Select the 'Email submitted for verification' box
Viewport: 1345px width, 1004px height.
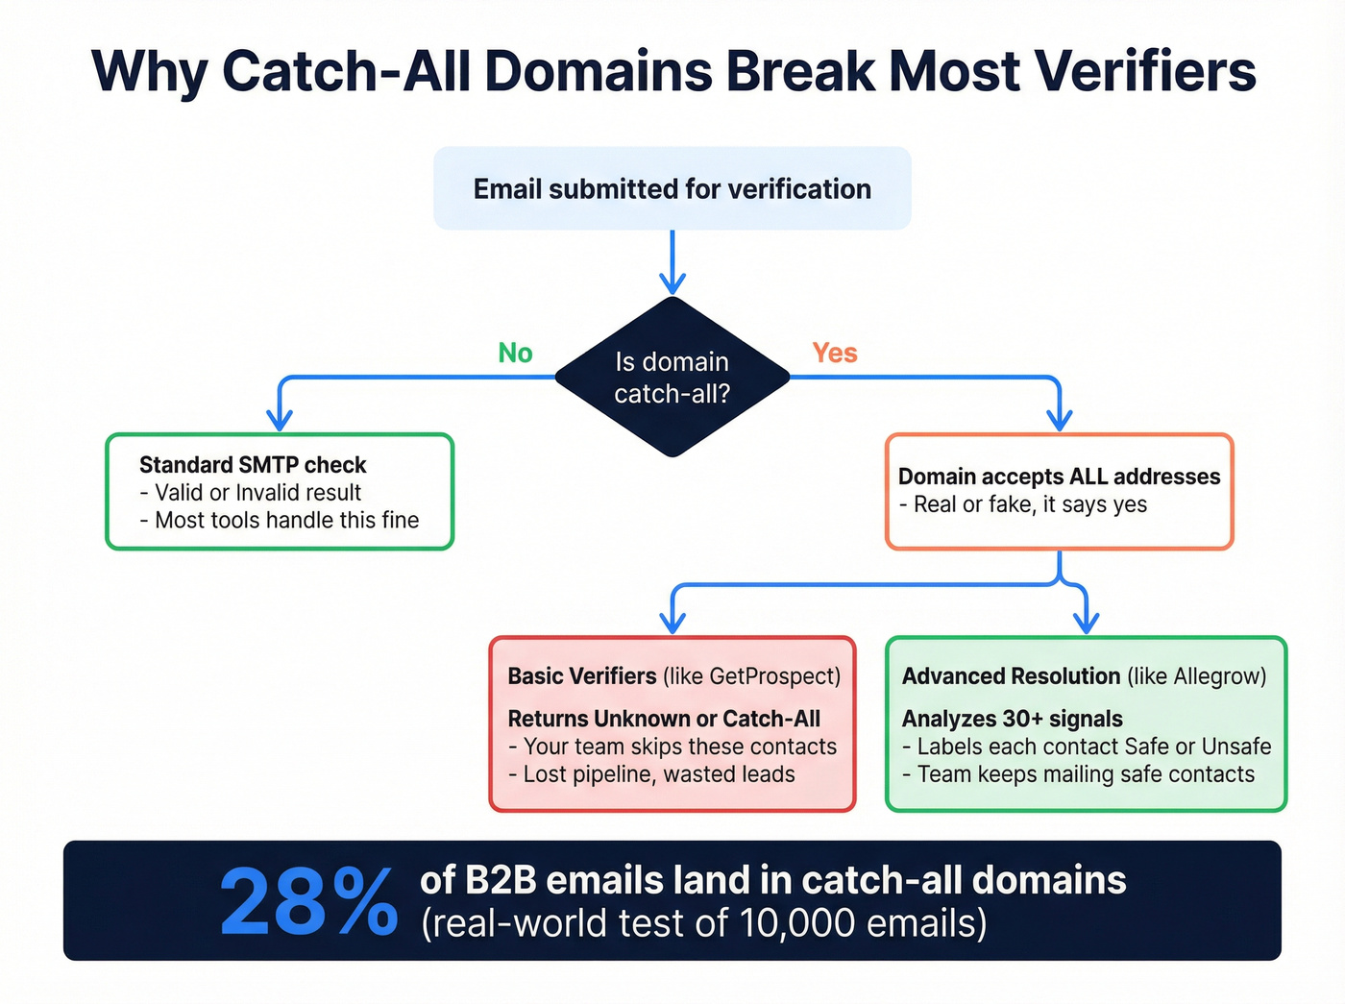point(672,188)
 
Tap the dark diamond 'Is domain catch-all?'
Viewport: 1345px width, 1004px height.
point(672,377)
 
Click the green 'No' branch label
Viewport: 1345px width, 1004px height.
point(515,354)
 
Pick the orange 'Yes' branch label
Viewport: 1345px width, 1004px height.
point(834,354)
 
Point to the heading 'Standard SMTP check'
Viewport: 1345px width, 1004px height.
point(253,465)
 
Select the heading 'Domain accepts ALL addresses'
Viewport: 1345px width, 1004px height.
point(1059,477)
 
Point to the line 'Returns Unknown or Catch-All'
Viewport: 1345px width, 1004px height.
point(664,719)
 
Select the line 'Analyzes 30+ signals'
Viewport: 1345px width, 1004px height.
point(1012,719)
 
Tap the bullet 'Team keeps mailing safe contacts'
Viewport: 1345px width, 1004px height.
point(1085,774)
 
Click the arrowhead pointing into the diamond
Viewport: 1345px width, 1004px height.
point(672,282)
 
